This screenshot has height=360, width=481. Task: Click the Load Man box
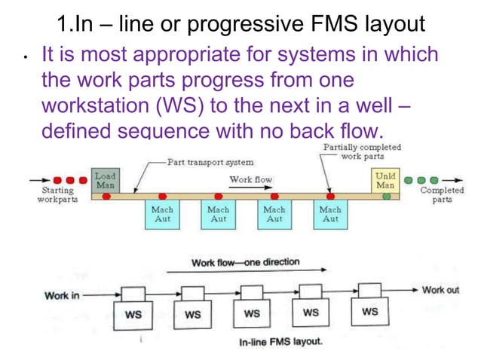[x=105, y=180]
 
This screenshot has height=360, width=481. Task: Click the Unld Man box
[x=384, y=180]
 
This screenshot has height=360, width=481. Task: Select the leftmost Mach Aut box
[x=162, y=215]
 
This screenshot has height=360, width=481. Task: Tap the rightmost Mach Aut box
[x=330, y=215]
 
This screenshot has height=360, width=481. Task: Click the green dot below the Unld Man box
[x=386, y=196]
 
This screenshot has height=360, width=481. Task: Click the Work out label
[x=440, y=290]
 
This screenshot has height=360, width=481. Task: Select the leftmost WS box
[x=133, y=314]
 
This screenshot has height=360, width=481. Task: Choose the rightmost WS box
[x=369, y=312]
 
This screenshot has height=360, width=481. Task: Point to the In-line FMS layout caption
[x=280, y=342]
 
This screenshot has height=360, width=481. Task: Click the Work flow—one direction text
[x=245, y=263]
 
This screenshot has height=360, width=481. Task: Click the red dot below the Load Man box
[x=106, y=196]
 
